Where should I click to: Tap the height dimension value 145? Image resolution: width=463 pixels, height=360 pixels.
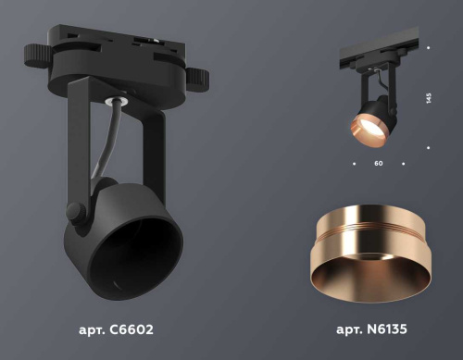coord(429,98)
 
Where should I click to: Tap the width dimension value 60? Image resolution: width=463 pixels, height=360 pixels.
coord(379,164)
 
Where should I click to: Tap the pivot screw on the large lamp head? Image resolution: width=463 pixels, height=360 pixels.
coord(76,212)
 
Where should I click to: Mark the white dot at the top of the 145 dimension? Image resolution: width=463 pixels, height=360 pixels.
coord(429,46)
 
